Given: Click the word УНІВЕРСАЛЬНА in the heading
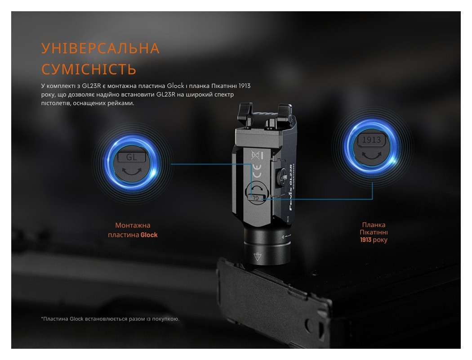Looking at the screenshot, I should click(x=100, y=49).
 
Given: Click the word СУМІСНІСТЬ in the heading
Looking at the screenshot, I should click(x=89, y=69).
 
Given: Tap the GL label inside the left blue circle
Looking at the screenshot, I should click(x=132, y=157).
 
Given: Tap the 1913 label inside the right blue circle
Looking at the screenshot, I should click(x=372, y=140).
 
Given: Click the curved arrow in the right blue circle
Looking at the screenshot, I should click(x=372, y=154).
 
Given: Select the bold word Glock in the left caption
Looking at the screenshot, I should click(x=149, y=235).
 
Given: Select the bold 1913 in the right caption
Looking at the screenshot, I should click(x=365, y=240).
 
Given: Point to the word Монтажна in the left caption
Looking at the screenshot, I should click(x=133, y=225).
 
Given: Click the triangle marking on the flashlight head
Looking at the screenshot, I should click(x=258, y=257).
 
